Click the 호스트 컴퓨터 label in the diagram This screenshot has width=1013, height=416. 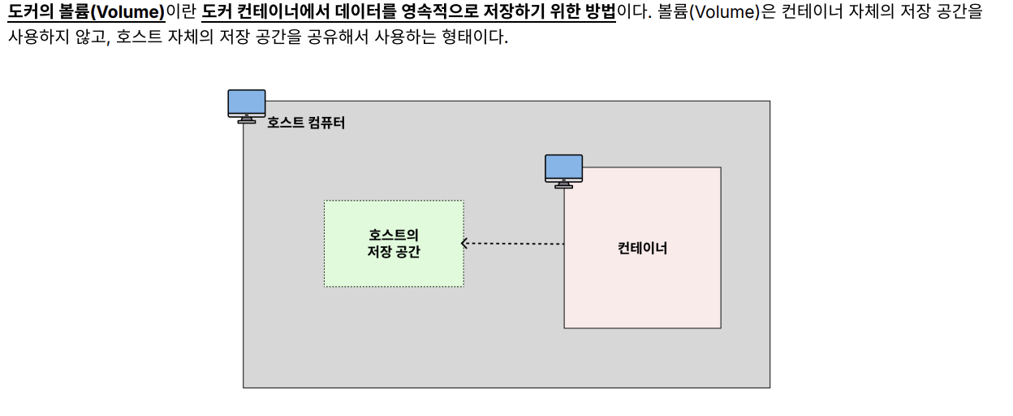point(306,123)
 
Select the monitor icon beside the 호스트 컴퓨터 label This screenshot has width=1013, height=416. point(246,106)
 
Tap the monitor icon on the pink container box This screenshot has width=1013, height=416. point(563,171)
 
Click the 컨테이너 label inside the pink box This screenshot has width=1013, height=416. point(642,249)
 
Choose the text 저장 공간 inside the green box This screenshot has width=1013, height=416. point(394,252)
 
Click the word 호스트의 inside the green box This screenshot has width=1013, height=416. point(394,235)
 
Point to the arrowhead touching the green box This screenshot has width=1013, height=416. point(465,243)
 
